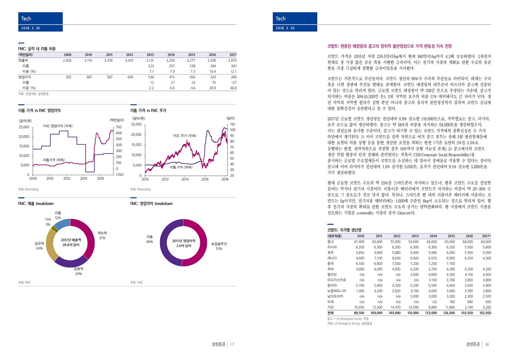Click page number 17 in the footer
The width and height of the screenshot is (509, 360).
(x=232, y=344)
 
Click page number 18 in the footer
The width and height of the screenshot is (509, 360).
(x=487, y=344)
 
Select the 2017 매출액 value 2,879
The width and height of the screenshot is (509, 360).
(x=233, y=60)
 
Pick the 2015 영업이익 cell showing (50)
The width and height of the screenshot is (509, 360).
(x=192, y=77)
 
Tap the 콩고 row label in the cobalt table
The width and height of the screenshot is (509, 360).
(x=330, y=242)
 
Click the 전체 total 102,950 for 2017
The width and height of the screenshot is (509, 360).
(x=485, y=313)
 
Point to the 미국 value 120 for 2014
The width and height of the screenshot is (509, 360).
(x=434, y=302)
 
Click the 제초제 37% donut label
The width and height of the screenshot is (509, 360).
(x=102, y=235)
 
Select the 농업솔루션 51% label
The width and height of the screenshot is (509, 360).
(x=219, y=246)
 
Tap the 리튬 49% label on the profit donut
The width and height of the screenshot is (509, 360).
(x=149, y=239)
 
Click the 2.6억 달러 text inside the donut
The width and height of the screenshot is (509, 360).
(x=184, y=246)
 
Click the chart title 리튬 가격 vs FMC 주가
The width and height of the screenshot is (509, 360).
(x=148, y=110)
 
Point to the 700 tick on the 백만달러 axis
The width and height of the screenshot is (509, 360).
(x=119, y=127)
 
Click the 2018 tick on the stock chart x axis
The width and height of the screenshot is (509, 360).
(x=225, y=179)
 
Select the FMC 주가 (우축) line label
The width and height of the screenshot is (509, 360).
(x=185, y=135)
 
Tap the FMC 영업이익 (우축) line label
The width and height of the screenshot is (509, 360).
(x=58, y=126)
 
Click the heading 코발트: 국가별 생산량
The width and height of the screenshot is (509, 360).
(x=344, y=230)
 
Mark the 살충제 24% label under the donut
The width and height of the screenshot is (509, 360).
(x=78, y=271)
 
